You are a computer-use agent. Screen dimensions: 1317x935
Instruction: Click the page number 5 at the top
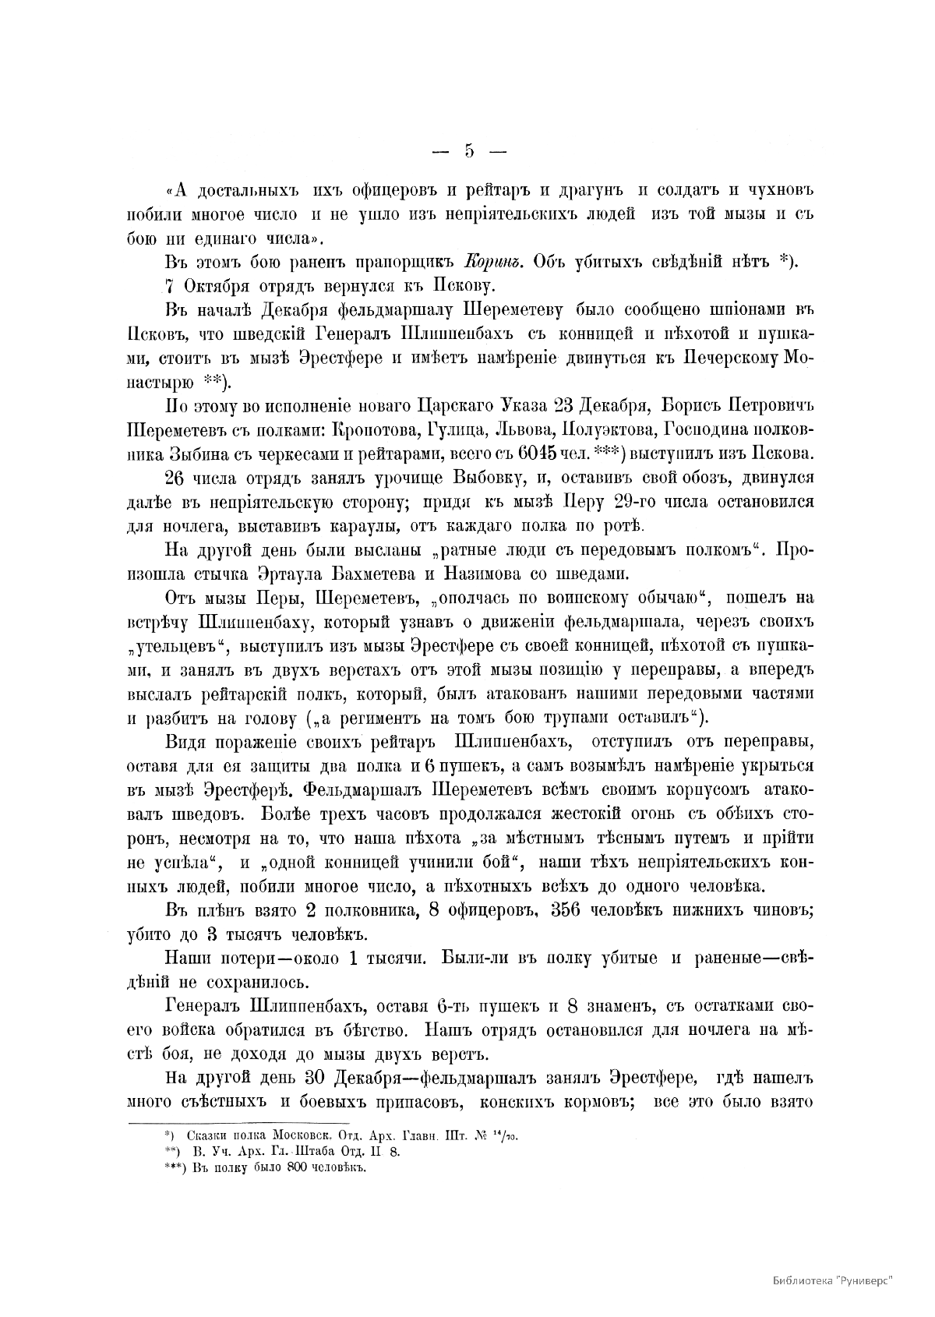[x=469, y=151]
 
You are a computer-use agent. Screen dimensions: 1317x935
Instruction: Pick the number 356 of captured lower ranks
[x=572, y=912]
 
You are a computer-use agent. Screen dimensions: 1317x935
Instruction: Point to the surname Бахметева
[x=392, y=574]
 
